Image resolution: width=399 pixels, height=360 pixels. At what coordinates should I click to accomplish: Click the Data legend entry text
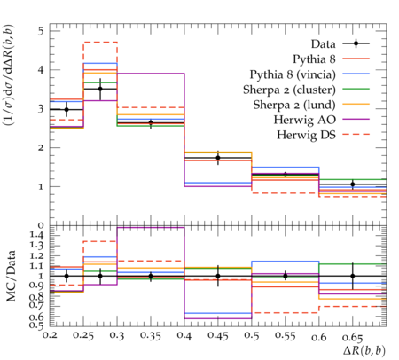coord(323,44)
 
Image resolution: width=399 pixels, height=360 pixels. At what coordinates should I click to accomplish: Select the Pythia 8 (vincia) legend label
coord(293,74)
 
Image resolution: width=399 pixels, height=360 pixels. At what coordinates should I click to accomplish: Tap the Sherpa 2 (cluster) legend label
coord(289,90)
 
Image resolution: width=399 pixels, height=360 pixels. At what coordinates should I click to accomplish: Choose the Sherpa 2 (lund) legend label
coord(294,105)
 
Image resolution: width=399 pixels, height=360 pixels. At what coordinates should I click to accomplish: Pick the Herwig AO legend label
coord(305,120)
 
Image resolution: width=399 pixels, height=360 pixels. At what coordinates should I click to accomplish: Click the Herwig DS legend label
coord(306,135)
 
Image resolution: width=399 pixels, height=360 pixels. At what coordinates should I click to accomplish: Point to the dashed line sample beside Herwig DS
coord(356,135)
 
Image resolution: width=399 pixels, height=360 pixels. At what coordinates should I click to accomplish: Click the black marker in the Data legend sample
coord(356,43)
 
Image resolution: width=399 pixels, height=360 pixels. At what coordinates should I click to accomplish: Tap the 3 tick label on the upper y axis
coord(41,109)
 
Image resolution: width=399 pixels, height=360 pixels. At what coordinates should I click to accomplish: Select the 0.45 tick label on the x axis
coord(218,336)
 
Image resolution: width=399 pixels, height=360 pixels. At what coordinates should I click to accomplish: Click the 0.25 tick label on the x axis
coord(83,336)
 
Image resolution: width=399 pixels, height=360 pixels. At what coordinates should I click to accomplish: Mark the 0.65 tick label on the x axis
coord(352,336)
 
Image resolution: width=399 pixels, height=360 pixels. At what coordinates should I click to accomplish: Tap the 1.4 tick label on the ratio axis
coord(38,235)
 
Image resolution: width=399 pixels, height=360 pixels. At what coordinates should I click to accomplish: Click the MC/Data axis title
coord(11,276)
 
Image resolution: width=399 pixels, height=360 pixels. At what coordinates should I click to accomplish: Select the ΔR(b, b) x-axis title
coord(364,350)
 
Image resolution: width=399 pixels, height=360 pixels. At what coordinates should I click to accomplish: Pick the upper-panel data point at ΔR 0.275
coord(100,89)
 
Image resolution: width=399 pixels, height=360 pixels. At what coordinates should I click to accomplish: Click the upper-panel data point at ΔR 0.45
coord(218,158)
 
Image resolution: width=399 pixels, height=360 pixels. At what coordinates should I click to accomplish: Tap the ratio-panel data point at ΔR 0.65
coord(353,276)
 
